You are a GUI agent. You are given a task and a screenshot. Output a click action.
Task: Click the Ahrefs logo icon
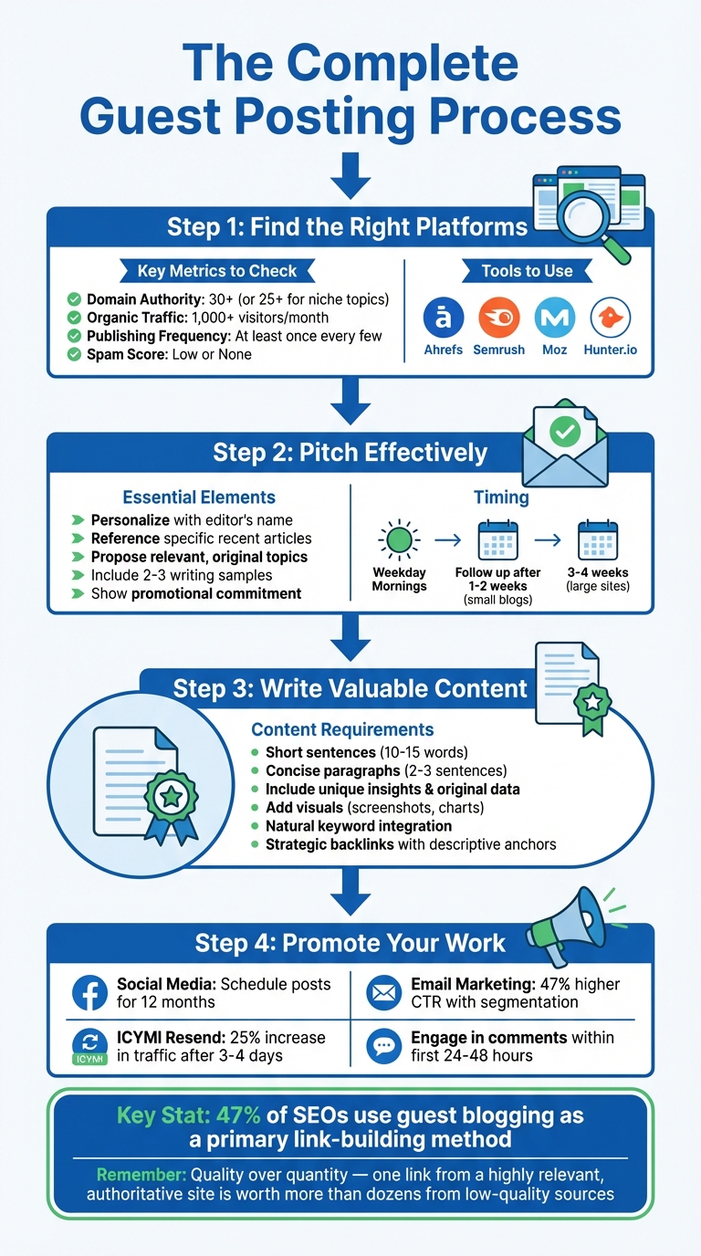[x=444, y=318]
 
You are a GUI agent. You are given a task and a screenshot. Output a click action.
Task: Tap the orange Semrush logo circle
[x=498, y=318]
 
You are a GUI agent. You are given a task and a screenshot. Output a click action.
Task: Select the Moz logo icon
[x=554, y=318]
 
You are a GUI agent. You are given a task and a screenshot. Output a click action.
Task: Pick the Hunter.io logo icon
[x=611, y=318]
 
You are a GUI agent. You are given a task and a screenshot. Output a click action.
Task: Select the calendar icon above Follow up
[x=497, y=540]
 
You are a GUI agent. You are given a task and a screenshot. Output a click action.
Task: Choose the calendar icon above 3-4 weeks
[x=598, y=540]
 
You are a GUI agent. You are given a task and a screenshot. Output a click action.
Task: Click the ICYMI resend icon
[x=89, y=1047]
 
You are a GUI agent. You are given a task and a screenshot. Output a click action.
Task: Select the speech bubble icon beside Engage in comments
[x=383, y=1047]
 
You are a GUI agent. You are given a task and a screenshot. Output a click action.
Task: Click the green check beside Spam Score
[x=74, y=354]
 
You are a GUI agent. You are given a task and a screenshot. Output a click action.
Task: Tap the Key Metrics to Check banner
[x=217, y=270]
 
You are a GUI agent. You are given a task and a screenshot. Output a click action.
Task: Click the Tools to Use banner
[x=528, y=270]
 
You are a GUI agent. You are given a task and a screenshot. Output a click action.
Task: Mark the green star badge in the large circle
[x=171, y=797]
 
